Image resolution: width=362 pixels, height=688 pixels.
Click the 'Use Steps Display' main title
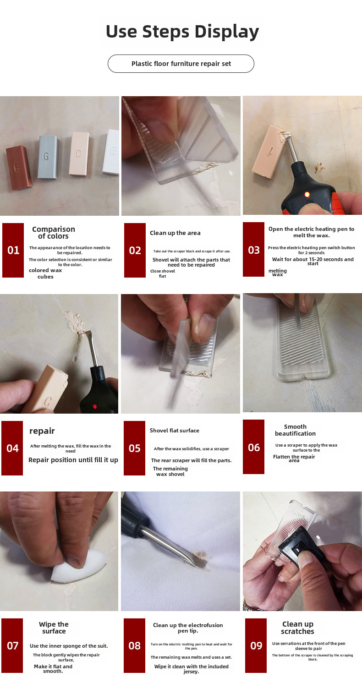point(182,32)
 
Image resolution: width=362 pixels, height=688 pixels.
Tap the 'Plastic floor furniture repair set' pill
point(181,64)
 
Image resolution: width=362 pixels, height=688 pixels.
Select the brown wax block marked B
point(19,167)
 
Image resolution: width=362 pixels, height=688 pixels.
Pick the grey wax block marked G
point(48,157)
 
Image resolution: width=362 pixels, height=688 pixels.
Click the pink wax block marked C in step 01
point(79,153)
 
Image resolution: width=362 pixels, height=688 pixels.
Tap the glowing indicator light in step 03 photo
point(307,194)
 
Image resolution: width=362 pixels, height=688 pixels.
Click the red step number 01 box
point(13,250)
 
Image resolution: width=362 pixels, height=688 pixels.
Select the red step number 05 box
point(134,448)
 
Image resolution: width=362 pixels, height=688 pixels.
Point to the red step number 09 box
point(256,645)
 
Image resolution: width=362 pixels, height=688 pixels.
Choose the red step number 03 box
point(253,250)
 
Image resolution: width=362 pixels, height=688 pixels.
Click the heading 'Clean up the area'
point(175,233)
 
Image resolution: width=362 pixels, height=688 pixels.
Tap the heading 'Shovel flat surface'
point(175,430)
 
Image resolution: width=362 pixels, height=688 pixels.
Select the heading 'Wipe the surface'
point(54,628)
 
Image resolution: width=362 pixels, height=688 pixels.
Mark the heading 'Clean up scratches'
point(297,628)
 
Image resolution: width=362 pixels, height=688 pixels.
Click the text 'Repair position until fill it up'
point(73,460)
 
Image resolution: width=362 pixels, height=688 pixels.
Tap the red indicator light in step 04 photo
point(95,407)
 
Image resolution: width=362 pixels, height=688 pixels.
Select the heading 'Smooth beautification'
point(295,430)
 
